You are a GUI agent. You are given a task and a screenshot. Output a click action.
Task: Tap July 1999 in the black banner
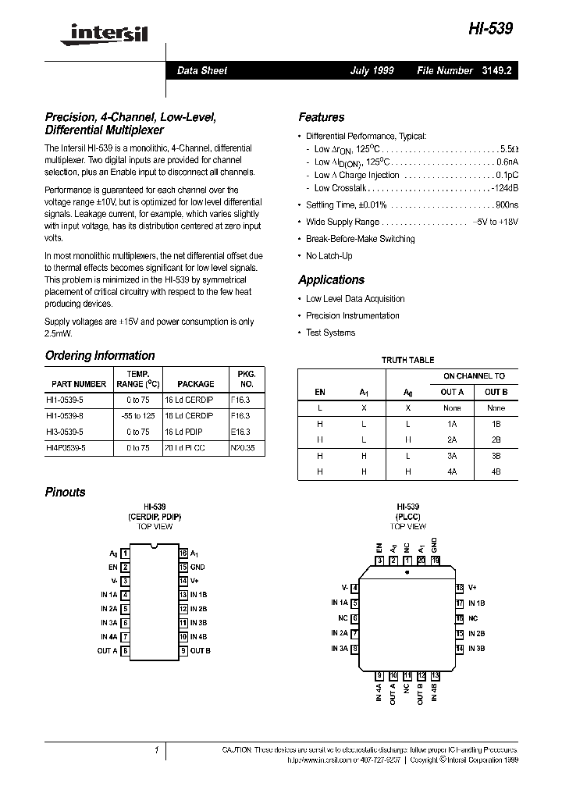(x=372, y=70)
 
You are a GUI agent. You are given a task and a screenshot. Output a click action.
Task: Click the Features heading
(x=321, y=117)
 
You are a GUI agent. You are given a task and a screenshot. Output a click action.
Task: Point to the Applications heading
(x=331, y=279)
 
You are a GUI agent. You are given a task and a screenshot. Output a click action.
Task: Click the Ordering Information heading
(x=99, y=355)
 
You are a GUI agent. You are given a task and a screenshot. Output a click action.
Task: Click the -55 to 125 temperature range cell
(x=137, y=415)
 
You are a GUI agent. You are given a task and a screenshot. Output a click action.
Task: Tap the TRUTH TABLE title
(x=407, y=360)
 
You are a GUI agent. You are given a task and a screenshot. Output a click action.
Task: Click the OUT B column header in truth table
(x=496, y=392)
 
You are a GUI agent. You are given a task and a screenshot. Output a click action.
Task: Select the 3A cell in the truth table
(x=452, y=456)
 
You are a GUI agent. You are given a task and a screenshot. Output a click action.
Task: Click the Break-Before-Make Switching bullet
(x=360, y=239)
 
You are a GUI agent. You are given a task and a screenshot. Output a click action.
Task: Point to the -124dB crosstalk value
(x=504, y=188)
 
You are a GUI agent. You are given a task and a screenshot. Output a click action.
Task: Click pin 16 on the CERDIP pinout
(x=183, y=553)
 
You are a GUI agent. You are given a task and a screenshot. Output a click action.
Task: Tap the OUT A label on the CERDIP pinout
(x=107, y=650)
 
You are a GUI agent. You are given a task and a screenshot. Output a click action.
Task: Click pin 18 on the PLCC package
(x=460, y=587)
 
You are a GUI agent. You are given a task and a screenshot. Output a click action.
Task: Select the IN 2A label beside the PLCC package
(x=339, y=633)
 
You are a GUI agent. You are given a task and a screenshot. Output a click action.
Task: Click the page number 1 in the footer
(x=157, y=749)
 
